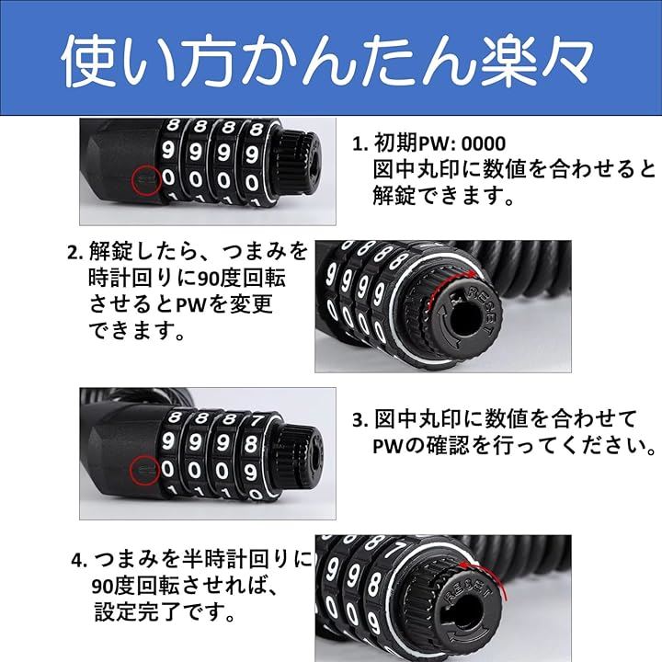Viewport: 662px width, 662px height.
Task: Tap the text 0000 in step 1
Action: pyautogui.click(x=483, y=144)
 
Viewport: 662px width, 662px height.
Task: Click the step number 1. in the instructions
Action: pyautogui.click(x=360, y=144)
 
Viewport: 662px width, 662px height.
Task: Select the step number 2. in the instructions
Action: pyautogui.click(x=75, y=253)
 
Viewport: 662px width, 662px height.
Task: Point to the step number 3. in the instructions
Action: pyautogui.click(x=361, y=420)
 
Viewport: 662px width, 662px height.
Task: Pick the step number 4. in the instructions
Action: pyautogui.click(x=79, y=560)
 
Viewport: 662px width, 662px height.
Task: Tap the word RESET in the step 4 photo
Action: pyautogui.click(x=468, y=588)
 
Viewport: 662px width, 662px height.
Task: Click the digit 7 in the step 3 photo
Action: pyautogui.click(x=257, y=420)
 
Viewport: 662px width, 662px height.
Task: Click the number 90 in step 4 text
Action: pyautogui.click(x=103, y=587)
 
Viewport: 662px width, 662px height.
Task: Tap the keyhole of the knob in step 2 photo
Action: pyautogui.click(x=463, y=319)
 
